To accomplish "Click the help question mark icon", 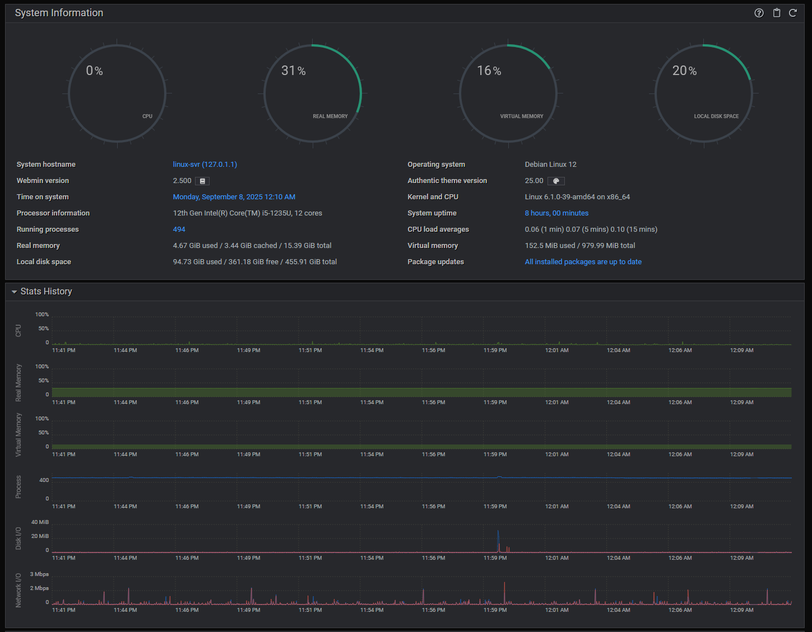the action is (x=759, y=13).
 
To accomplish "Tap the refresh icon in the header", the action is (x=792, y=13).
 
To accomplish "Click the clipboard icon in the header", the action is (x=777, y=13).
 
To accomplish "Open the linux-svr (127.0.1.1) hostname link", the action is (x=205, y=164).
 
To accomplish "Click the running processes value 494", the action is (x=179, y=229).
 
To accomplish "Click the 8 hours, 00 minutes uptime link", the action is (x=556, y=213).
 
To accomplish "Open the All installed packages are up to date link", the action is (x=583, y=261).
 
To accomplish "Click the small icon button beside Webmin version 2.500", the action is (x=202, y=181).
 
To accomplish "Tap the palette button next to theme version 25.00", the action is (x=556, y=181).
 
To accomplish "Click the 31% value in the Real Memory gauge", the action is (x=293, y=71).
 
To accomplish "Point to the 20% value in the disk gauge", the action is (x=684, y=71).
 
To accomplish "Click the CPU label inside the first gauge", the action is (x=147, y=116).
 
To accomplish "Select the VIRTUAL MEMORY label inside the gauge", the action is (x=522, y=116).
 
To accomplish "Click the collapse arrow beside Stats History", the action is (x=14, y=292).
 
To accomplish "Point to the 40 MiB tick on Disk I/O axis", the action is (x=40, y=522).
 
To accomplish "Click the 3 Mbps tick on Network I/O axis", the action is (x=39, y=574).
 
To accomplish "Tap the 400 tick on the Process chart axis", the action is (x=44, y=480).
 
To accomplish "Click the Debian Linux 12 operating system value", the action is (x=550, y=164).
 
